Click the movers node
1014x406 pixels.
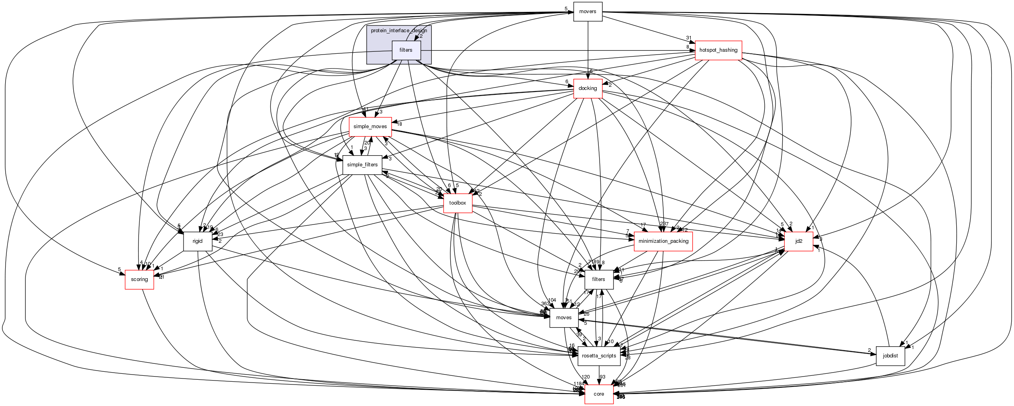point(588,12)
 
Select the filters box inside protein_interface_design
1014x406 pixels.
point(406,50)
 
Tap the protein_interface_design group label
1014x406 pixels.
point(399,31)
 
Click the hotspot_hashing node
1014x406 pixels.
point(718,50)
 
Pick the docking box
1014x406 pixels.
point(588,88)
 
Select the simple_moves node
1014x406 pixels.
point(370,127)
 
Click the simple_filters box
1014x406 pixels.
point(362,165)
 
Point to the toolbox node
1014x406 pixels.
point(457,203)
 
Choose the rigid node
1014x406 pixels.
point(197,241)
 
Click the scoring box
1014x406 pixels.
point(139,279)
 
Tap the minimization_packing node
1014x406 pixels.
point(663,241)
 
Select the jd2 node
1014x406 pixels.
point(799,241)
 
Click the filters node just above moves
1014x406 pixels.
point(598,279)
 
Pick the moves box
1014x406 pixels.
point(564,318)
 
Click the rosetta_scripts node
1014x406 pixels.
point(599,356)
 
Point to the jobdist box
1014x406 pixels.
point(890,356)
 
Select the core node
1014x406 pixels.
point(599,394)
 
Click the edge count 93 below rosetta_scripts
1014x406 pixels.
point(602,377)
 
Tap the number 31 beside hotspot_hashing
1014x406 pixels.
point(688,38)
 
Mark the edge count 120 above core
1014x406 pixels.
point(585,377)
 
